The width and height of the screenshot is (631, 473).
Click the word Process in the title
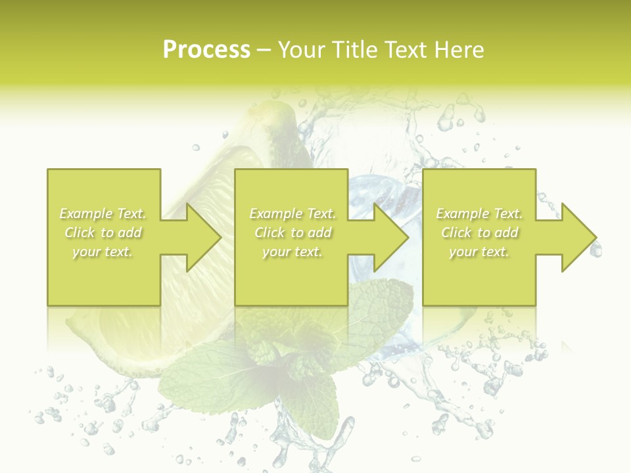[x=206, y=50]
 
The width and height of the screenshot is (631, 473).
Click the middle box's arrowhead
[x=390, y=237]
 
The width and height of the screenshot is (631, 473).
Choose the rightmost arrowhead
[x=578, y=237]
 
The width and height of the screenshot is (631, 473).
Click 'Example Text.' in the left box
[x=103, y=214]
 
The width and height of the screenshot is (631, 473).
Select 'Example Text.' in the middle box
[x=292, y=214]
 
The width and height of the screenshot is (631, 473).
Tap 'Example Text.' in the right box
[x=479, y=214]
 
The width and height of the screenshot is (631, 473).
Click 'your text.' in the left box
[x=103, y=252]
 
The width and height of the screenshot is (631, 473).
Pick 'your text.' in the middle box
[x=292, y=252]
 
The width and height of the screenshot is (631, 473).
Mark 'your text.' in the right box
[x=479, y=252]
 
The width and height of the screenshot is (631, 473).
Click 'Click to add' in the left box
[x=103, y=233]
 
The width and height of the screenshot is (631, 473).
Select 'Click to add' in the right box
[x=479, y=233]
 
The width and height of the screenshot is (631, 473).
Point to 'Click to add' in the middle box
[x=292, y=233]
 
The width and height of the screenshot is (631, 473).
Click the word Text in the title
[x=406, y=50]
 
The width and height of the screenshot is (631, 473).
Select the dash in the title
[x=264, y=50]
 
